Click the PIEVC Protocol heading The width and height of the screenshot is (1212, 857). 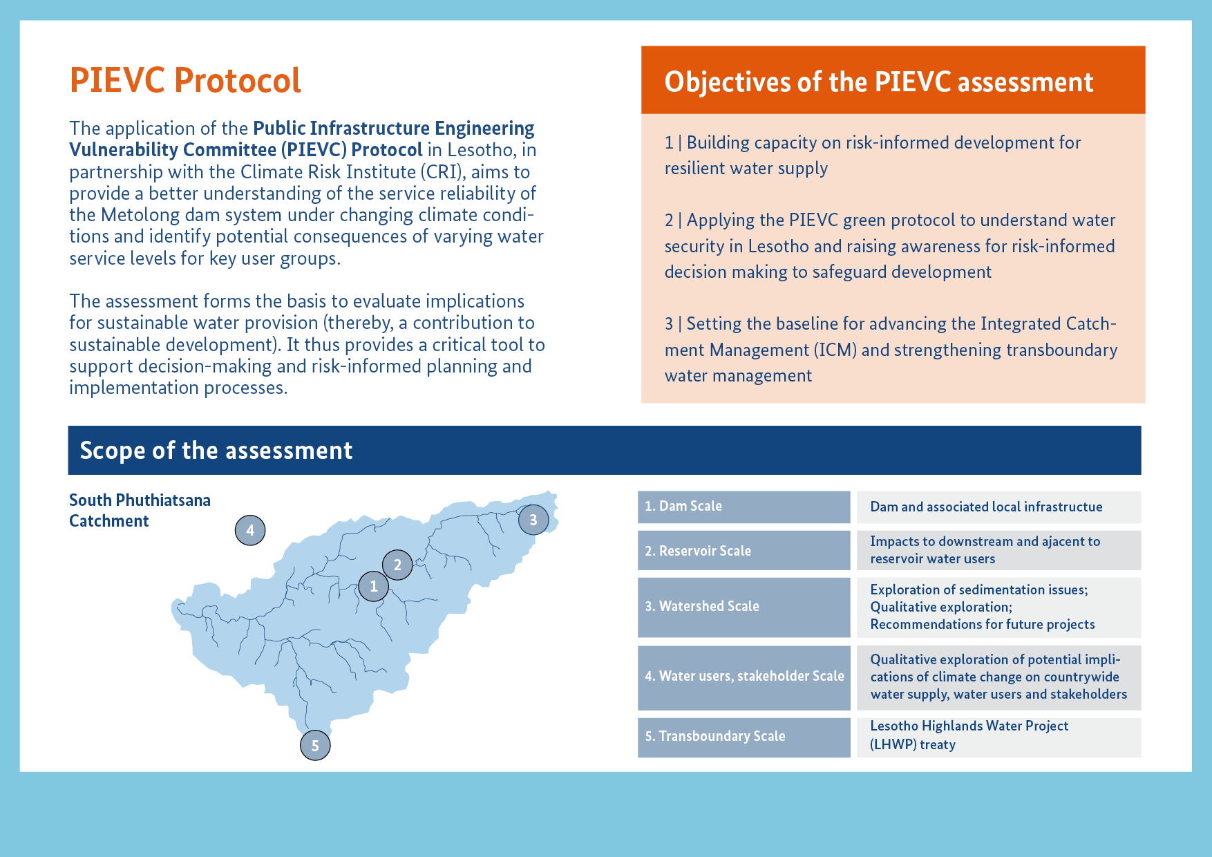coord(185,80)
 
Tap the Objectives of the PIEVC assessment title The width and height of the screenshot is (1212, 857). coord(879,82)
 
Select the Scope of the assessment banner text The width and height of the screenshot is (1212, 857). coord(216,451)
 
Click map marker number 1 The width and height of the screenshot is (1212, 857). coord(374,586)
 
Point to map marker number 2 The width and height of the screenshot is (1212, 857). coord(397,565)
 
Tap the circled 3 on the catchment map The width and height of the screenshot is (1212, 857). coord(533,520)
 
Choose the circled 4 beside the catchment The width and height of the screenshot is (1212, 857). coord(250,530)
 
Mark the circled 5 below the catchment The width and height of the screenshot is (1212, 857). coord(315,745)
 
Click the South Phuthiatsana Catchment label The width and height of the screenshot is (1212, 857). coord(140,510)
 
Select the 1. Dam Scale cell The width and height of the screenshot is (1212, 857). coord(744,507)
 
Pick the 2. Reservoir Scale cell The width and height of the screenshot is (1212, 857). coord(744,550)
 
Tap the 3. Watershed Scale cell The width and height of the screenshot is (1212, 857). coord(744,607)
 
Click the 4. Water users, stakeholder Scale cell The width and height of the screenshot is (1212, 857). coord(744,677)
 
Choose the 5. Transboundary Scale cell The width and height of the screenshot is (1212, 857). coord(744,737)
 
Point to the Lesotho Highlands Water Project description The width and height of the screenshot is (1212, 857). coord(969,735)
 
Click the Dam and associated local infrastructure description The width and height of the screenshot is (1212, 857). coord(986,507)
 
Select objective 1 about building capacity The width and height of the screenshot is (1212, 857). coord(873,155)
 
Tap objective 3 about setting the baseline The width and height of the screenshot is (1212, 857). coord(891,349)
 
